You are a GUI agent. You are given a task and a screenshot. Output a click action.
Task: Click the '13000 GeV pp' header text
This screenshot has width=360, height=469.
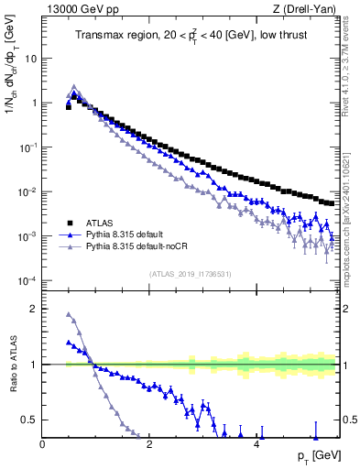(79, 8)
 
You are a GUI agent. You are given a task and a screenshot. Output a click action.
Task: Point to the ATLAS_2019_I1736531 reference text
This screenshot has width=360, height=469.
(191, 274)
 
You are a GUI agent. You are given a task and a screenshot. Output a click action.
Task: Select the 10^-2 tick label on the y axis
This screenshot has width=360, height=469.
(28, 191)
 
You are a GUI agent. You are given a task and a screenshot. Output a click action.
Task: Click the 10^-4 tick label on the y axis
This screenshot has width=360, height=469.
(28, 280)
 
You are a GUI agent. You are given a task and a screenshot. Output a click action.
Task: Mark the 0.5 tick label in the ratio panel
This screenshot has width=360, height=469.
(28, 420)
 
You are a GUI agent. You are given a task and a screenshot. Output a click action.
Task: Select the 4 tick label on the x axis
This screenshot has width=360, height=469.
(257, 444)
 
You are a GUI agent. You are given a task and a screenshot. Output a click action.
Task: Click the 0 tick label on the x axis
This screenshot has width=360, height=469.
(43, 444)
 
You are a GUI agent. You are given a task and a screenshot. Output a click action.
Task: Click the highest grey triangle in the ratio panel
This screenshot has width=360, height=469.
(69, 315)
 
